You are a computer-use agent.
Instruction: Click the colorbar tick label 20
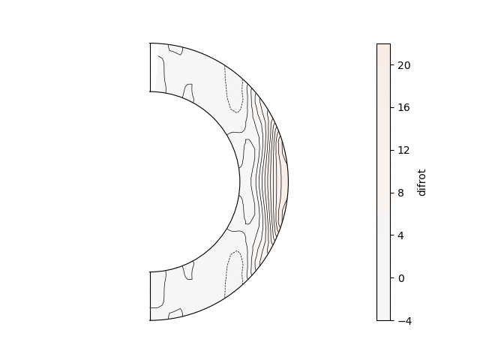click(x=403, y=65)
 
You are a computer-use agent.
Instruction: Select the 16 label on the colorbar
click(x=403, y=107)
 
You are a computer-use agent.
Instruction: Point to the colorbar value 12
click(x=403, y=150)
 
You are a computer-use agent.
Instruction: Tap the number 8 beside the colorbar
click(x=400, y=193)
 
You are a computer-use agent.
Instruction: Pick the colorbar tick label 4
click(x=400, y=235)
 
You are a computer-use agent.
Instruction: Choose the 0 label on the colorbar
click(x=400, y=278)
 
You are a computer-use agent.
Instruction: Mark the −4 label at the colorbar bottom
click(x=405, y=321)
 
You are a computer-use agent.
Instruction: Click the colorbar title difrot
click(x=421, y=182)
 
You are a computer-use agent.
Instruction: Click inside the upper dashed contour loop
click(x=235, y=91)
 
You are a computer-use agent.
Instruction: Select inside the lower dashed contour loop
click(x=235, y=272)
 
